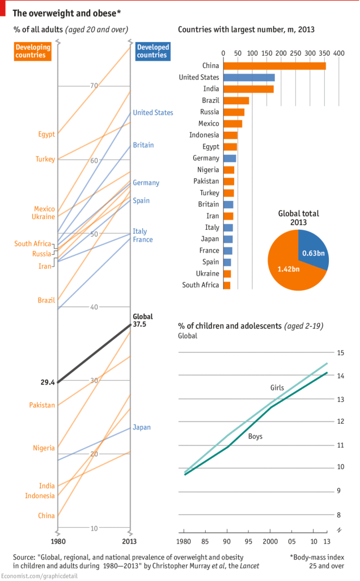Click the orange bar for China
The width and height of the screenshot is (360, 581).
(274, 66)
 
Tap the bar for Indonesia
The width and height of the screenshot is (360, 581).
(231, 135)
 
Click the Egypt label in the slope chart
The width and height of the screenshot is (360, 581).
(46, 134)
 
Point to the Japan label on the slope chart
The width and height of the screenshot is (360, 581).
(142, 427)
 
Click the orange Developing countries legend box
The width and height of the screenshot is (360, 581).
(33, 51)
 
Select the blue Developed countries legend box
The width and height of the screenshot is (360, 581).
(152, 51)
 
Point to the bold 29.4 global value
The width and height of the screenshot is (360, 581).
(47, 382)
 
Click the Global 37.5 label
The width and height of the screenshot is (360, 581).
(143, 321)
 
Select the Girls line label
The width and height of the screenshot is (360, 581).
(277, 388)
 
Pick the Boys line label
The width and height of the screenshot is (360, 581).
(256, 436)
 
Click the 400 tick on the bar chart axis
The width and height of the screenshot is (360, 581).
(339, 53)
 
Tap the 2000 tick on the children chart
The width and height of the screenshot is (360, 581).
(270, 541)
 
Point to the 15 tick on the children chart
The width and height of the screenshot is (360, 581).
(341, 352)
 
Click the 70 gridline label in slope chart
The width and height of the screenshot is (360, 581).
(94, 86)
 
